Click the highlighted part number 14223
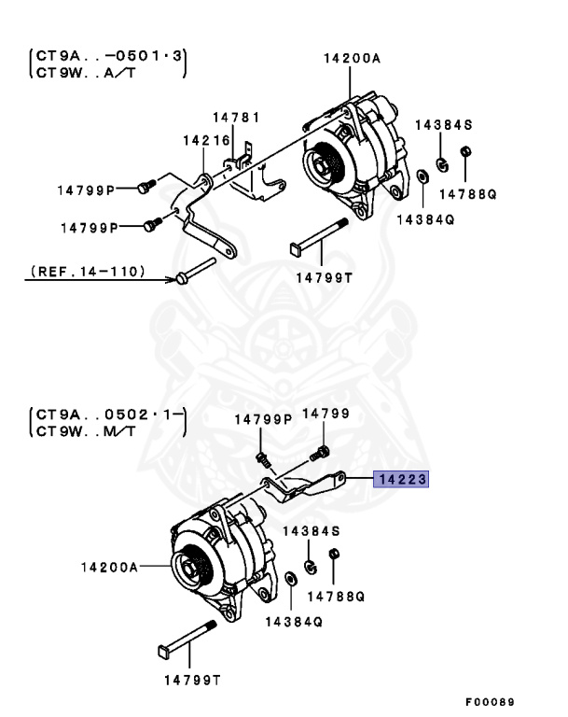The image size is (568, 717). (x=401, y=481)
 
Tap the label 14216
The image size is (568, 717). (x=206, y=142)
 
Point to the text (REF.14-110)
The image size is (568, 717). (x=87, y=272)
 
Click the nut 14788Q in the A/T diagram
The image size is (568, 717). (x=467, y=153)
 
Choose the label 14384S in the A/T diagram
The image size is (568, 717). (x=444, y=124)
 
